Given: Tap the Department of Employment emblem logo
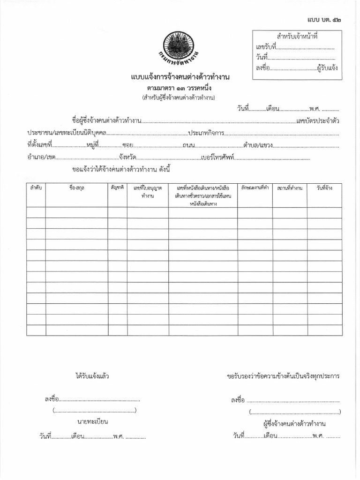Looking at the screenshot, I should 180,49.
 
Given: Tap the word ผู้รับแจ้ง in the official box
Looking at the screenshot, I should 327,68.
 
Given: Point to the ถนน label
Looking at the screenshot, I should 189,145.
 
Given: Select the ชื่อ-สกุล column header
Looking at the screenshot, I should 77,187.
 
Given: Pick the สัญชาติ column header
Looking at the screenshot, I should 117,187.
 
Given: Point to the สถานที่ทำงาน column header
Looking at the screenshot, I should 289,188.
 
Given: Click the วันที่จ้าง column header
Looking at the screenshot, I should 324,187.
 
